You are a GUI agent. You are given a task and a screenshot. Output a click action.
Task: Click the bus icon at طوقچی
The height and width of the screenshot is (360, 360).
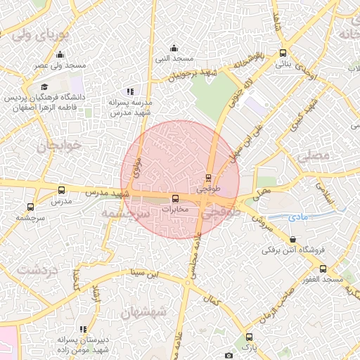pos(208,178)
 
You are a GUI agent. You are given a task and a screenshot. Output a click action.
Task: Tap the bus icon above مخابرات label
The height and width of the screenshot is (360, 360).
pos(176,198)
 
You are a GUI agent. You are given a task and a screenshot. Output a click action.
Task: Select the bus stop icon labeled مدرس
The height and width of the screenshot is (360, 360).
pos(61,190)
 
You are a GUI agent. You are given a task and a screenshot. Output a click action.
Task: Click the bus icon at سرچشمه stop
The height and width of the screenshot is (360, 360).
pos(30,207)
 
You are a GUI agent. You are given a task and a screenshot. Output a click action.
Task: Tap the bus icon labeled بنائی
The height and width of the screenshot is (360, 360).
pos(283,53)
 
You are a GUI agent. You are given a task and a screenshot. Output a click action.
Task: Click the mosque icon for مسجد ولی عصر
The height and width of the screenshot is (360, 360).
pos(60,55)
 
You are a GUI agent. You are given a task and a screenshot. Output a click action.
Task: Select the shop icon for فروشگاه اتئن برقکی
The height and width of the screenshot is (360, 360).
pos(292,239)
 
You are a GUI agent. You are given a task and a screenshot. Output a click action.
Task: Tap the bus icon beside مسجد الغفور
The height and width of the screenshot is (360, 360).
pos(323,269)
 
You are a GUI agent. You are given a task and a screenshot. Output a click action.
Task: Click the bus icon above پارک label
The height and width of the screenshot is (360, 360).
pos(248,336)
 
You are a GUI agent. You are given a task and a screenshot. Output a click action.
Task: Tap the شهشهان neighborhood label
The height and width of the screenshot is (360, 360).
pos(143,310)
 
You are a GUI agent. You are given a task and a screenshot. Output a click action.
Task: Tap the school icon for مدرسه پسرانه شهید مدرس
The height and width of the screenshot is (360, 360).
pos(130,91)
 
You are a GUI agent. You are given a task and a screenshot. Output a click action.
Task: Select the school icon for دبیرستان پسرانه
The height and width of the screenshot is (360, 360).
pos(83,329)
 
